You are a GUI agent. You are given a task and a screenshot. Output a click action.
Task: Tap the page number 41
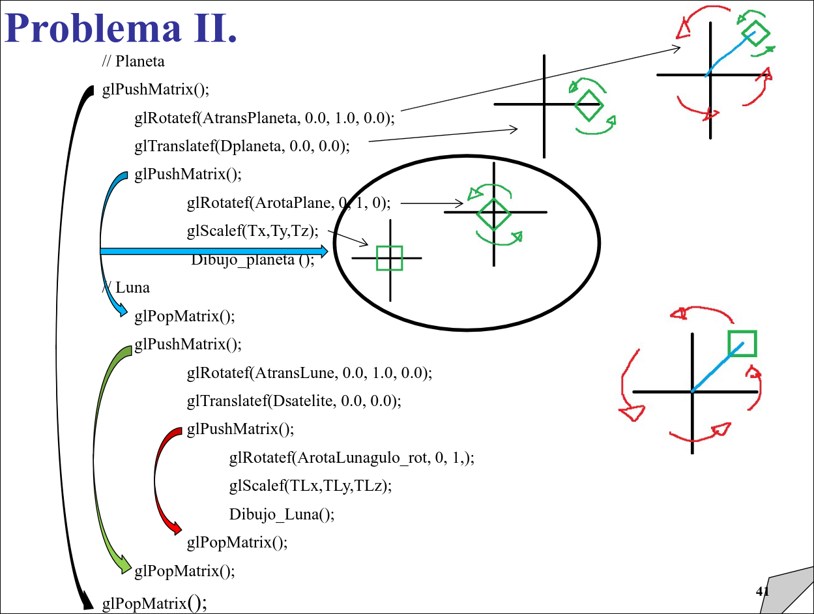762,592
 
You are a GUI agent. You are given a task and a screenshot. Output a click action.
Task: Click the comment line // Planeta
133,61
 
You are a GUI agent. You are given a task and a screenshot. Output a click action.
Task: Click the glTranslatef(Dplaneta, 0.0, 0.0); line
242,146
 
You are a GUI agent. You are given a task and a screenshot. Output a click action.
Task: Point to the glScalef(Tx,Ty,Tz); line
252,231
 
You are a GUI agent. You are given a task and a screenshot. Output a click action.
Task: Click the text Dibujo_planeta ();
253,259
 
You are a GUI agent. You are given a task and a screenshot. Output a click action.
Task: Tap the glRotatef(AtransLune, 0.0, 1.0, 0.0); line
310,373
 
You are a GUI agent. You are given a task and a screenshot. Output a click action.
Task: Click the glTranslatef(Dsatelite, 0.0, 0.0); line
294,400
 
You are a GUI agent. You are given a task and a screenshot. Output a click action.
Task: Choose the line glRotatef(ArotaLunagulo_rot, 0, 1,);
352,458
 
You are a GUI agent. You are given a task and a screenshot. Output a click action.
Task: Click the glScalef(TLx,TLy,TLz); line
310,486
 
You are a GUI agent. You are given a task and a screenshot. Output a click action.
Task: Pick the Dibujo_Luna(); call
282,514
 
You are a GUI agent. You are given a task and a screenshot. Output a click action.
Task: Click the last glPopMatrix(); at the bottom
154,604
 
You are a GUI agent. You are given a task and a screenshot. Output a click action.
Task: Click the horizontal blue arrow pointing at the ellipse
215,251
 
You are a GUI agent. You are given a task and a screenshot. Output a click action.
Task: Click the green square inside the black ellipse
389,258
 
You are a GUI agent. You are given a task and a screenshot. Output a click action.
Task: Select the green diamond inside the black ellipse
493,214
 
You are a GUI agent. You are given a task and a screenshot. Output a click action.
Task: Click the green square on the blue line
742,344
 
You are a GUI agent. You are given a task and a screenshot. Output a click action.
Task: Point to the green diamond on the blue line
755,33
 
